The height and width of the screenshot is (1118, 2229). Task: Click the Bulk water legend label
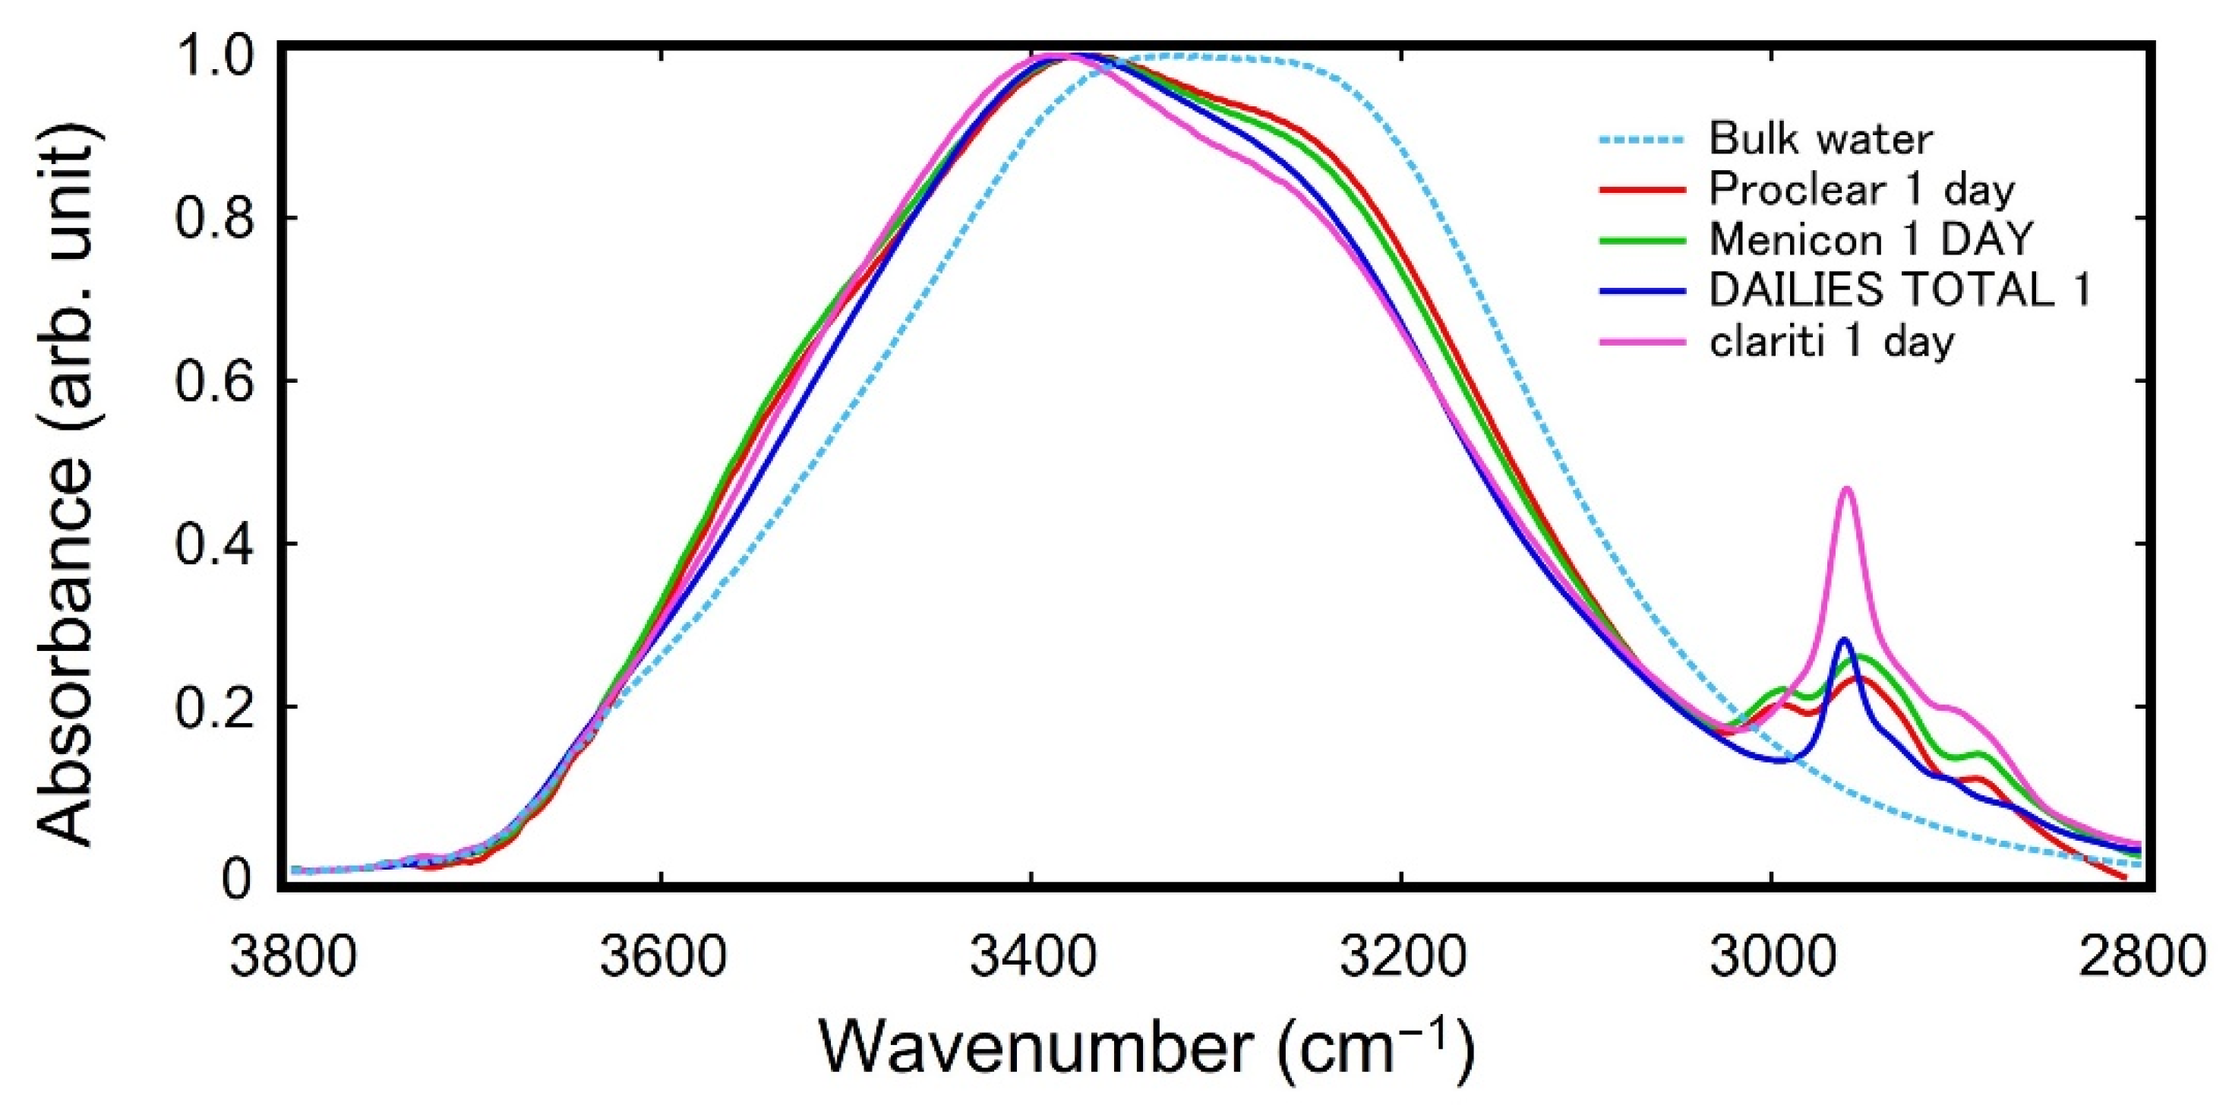tap(1820, 138)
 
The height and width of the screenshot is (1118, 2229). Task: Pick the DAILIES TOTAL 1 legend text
tap(1899, 289)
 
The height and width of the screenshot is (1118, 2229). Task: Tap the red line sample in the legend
tap(1641, 190)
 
